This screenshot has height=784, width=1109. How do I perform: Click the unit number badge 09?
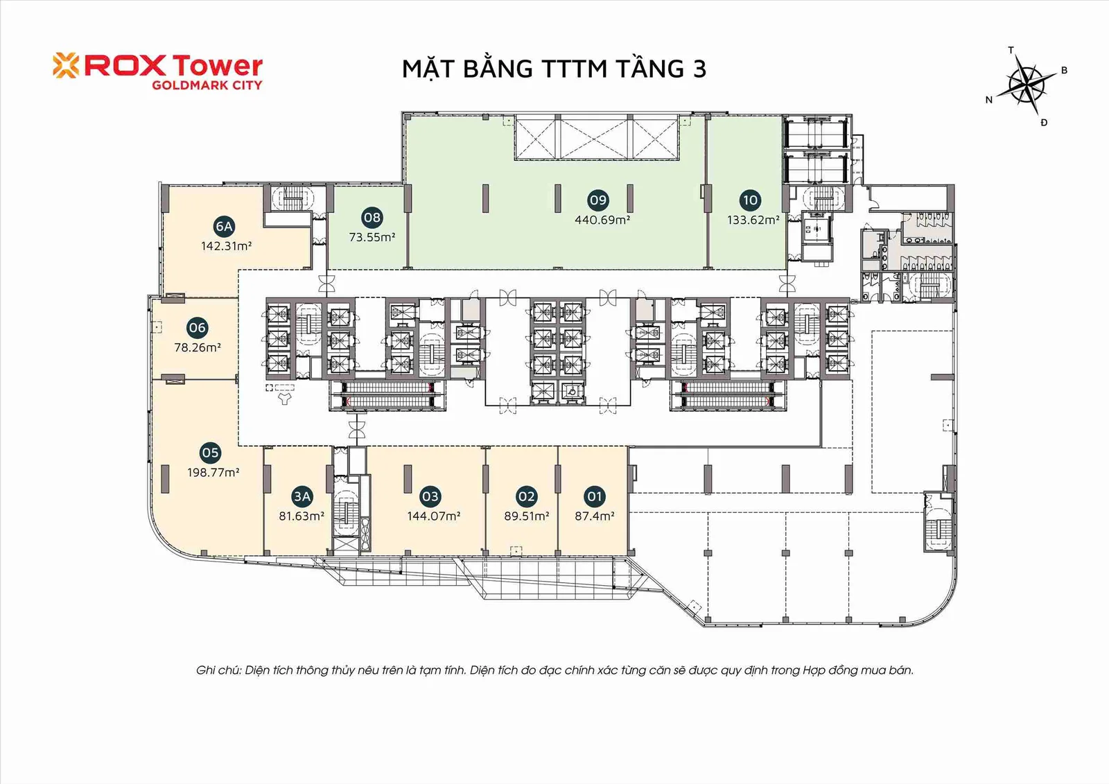(598, 200)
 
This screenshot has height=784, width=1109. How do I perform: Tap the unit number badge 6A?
(224, 227)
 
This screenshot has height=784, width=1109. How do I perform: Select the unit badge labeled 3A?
(302, 496)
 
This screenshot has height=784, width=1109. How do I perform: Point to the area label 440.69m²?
(602, 220)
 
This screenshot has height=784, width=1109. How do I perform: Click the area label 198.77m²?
(213, 473)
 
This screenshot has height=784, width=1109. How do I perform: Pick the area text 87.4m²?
(595, 516)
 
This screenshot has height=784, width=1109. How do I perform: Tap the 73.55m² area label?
(372, 237)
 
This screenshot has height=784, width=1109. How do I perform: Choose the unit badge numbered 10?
(750, 200)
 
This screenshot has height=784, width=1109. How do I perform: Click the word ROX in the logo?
(126, 66)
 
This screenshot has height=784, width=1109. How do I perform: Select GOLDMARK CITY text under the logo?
(207, 85)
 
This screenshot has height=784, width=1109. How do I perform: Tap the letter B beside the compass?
(1064, 70)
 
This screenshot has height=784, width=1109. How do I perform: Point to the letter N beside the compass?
(988, 100)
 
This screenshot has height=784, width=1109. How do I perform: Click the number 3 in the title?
(699, 69)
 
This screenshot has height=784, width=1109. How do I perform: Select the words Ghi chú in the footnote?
(218, 670)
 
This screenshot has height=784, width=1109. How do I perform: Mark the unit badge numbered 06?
(197, 327)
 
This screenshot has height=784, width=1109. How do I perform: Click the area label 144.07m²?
(434, 516)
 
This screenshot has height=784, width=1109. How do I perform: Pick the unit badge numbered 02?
(526, 496)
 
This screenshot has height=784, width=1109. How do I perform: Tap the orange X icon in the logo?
(66, 65)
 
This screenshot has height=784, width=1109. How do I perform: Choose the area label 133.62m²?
(753, 220)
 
